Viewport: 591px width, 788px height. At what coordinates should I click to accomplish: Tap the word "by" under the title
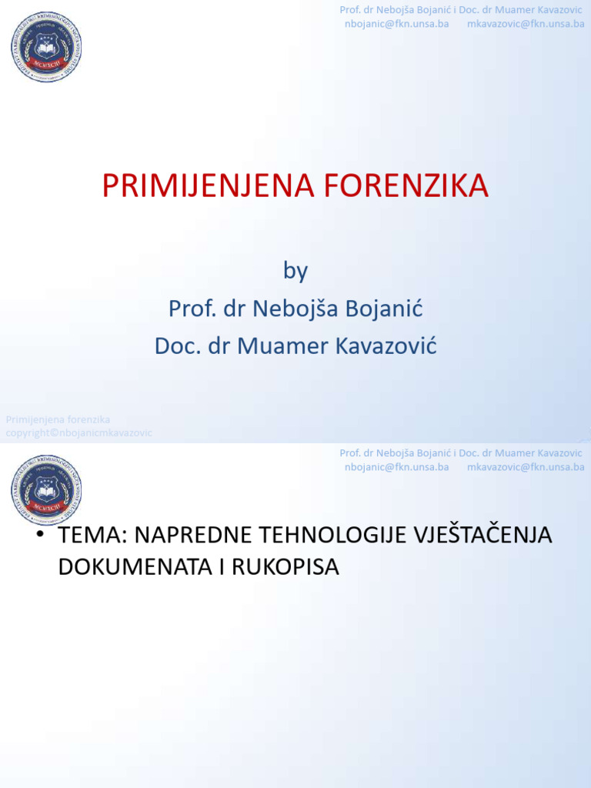pyautogui.click(x=295, y=270)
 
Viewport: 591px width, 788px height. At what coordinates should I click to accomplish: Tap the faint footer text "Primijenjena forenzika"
pyautogui.click(x=58, y=419)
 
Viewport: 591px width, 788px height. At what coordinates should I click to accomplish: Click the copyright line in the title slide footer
pyautogui.click(x=79, y=432)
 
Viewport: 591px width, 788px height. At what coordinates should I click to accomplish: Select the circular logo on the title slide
pyautogui.click(x=46, y=47)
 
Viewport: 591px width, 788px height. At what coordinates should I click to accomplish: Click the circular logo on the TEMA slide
pyautogui.click(x=46, y=490)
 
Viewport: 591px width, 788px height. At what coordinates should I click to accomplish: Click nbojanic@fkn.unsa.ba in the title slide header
pyautogui.click(x=397, y=23)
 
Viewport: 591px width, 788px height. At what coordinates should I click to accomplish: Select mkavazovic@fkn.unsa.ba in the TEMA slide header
pyautogui.click(x=526, y=466)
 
